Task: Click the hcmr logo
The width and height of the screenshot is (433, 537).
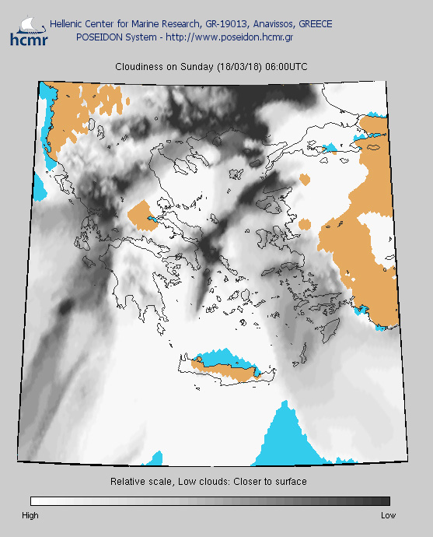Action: click(x=28, y=30)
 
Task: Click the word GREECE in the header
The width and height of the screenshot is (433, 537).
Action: click(x=312, y=24)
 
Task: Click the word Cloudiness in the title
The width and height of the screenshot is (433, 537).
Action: click(x=139, y=67)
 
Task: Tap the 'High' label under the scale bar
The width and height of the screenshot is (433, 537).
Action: click(x=30, y=515)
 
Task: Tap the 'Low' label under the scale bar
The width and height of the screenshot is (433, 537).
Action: click(x=388, y=515)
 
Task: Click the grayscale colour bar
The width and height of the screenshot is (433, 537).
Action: click(x=210, y=501)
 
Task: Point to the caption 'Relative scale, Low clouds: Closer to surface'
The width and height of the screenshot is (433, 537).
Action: click(x=209, y=482)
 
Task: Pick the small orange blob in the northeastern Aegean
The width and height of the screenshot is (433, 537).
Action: click(x=305, y=180)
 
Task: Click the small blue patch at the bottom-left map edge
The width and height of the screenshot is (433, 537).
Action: click(x=157, y=457)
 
